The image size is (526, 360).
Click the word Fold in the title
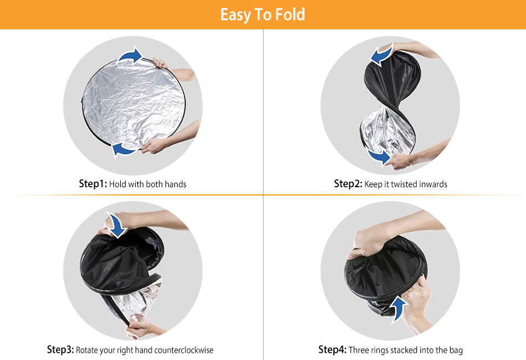point(290,14)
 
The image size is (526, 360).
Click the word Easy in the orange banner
point(235,16)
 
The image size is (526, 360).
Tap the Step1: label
point(93,184)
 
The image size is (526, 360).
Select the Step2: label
point(348,184)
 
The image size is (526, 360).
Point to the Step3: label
point(60,349)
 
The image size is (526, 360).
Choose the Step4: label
point(332,349)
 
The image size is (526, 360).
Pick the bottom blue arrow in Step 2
point(379,157)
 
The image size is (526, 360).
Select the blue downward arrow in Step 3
point(117,225)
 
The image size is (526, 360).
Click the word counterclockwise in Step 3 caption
point(184,350)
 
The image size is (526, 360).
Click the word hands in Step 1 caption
point(176,184)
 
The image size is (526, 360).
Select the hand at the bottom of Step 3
point(140,328)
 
